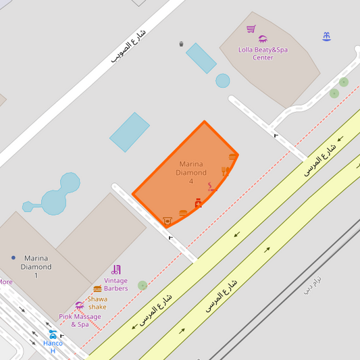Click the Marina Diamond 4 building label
[191, 172]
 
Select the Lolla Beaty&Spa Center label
[263, 53]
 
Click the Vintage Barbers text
[115, 284]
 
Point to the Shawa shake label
[97, 303]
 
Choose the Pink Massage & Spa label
[79, 320]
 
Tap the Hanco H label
[53, 346]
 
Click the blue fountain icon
[327, 36]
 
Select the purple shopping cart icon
[251, 28]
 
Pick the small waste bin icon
[181, 44]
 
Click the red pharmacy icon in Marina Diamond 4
[198, 203]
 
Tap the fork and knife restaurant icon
[225, 172]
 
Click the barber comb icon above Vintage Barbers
[116, 269]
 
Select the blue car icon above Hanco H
[53, 334]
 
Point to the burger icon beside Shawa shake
[97, 288]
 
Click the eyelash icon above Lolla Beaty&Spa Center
[263, 39]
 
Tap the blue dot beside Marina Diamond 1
[13, 257]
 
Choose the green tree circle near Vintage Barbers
[142, 286]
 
